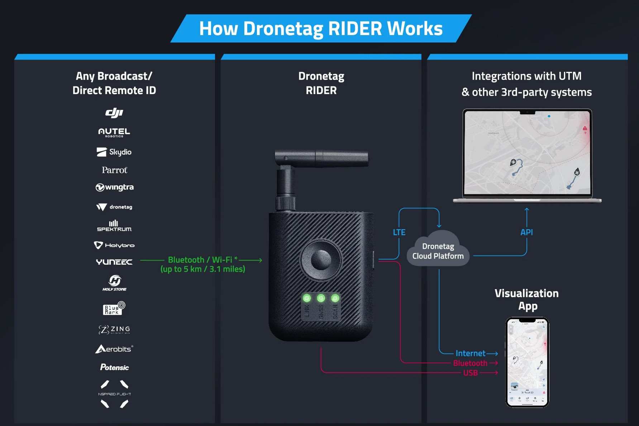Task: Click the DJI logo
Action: [x=114, y=113]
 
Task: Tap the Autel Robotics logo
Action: [x=114, y=133]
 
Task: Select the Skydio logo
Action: [x=114, y=152]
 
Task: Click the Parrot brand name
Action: [x=114, y=170]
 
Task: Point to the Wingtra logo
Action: [x=114, y=187]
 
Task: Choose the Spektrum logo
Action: [x=114, y=226]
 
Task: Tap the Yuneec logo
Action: [x=114, y=262]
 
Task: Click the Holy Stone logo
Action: [x=114, y=283]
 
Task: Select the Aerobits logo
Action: [x=114, y=349]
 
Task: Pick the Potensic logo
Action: [x=114, y=367]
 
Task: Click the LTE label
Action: [x=399, y=232]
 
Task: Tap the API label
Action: [x=526, y=232]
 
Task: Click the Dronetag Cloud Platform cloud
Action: [x=438, y=251]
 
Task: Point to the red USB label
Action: [x=470, y=373]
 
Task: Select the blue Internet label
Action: [x=470, y=353]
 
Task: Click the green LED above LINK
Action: [x=307, y=298]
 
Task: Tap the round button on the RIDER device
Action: [x=321, y=259]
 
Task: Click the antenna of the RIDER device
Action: [x=321, y=158]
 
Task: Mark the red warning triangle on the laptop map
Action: [x=585, y=128]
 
